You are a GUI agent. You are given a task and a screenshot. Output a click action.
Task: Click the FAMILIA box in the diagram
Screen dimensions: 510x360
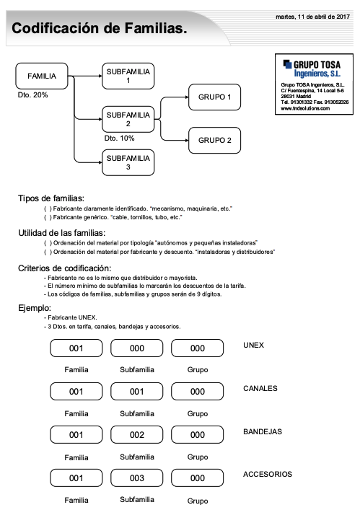tap(41, 76)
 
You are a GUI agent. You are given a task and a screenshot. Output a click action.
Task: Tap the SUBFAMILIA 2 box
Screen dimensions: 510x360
tap(128, 119)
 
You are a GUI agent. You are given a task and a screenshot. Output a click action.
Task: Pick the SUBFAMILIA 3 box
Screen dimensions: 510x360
tap(128, 163)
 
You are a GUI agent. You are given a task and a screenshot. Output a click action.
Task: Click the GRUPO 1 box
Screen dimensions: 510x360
tap(214, 97)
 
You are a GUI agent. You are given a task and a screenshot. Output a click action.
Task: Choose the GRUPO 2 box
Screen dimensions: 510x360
tap(214, 140)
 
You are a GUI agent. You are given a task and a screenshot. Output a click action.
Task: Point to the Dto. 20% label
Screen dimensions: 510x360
tap(32, 94)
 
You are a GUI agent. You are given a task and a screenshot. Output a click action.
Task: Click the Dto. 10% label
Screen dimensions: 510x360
tap(119, 138)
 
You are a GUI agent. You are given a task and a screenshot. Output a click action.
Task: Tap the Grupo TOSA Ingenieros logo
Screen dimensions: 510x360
tap(316, 69)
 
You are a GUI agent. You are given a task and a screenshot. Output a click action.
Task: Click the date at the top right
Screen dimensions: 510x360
tap(313, 17)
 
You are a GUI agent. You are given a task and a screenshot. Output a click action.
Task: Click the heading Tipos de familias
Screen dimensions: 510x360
tap(51, 198)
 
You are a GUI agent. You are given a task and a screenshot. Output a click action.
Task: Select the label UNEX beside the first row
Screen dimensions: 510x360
tap(254, 345)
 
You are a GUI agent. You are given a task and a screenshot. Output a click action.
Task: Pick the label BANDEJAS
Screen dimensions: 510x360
tap(263, 431)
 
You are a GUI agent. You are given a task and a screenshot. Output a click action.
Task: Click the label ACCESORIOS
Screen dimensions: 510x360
tap(268, 474)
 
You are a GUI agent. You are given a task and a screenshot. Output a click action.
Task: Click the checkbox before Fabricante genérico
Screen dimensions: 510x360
tap(47, 217)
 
